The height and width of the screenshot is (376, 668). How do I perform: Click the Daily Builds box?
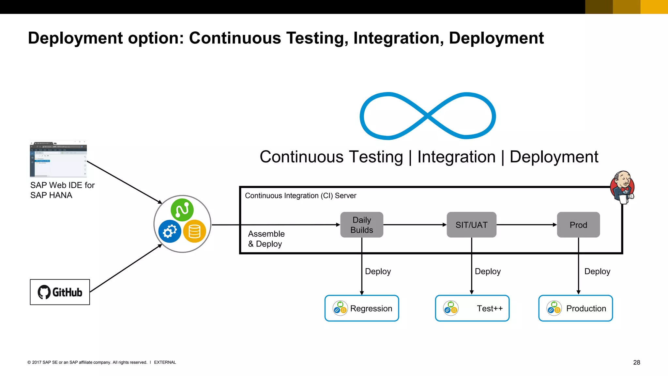tap(361, 225)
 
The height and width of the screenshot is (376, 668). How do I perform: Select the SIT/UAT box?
tap(471, 225)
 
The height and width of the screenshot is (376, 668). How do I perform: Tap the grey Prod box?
tap(578, 225)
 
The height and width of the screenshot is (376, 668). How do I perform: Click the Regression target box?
tap(361, 308)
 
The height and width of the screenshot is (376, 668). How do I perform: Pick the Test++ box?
tap(472, 308)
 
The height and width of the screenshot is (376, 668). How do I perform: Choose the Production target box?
tap(575, 308)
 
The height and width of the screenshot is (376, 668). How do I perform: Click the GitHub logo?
tap(60, 292)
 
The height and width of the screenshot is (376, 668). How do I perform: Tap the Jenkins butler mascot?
tap(622, 187)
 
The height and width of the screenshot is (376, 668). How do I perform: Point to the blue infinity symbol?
tap(428, 116)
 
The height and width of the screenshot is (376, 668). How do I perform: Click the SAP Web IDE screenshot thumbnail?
tap(58, 159)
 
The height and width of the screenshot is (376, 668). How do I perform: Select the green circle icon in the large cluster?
tap(182, 210)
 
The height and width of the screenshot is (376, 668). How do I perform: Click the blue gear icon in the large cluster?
tap(170, 231)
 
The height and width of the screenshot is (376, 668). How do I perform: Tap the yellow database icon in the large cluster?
tap(194, 231)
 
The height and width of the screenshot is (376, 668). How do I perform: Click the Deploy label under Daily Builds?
tap(378, 271)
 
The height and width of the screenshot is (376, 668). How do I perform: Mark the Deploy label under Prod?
tap(597, 271)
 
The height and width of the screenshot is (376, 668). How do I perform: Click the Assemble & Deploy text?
tap(266, 239)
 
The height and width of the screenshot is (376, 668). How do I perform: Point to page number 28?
tap(636, 362)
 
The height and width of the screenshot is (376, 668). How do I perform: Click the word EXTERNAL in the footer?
tap(165, 362)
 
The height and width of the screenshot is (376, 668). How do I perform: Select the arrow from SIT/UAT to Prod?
tap(526, 225)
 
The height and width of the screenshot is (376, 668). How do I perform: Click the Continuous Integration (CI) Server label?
tap(300, 196)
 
